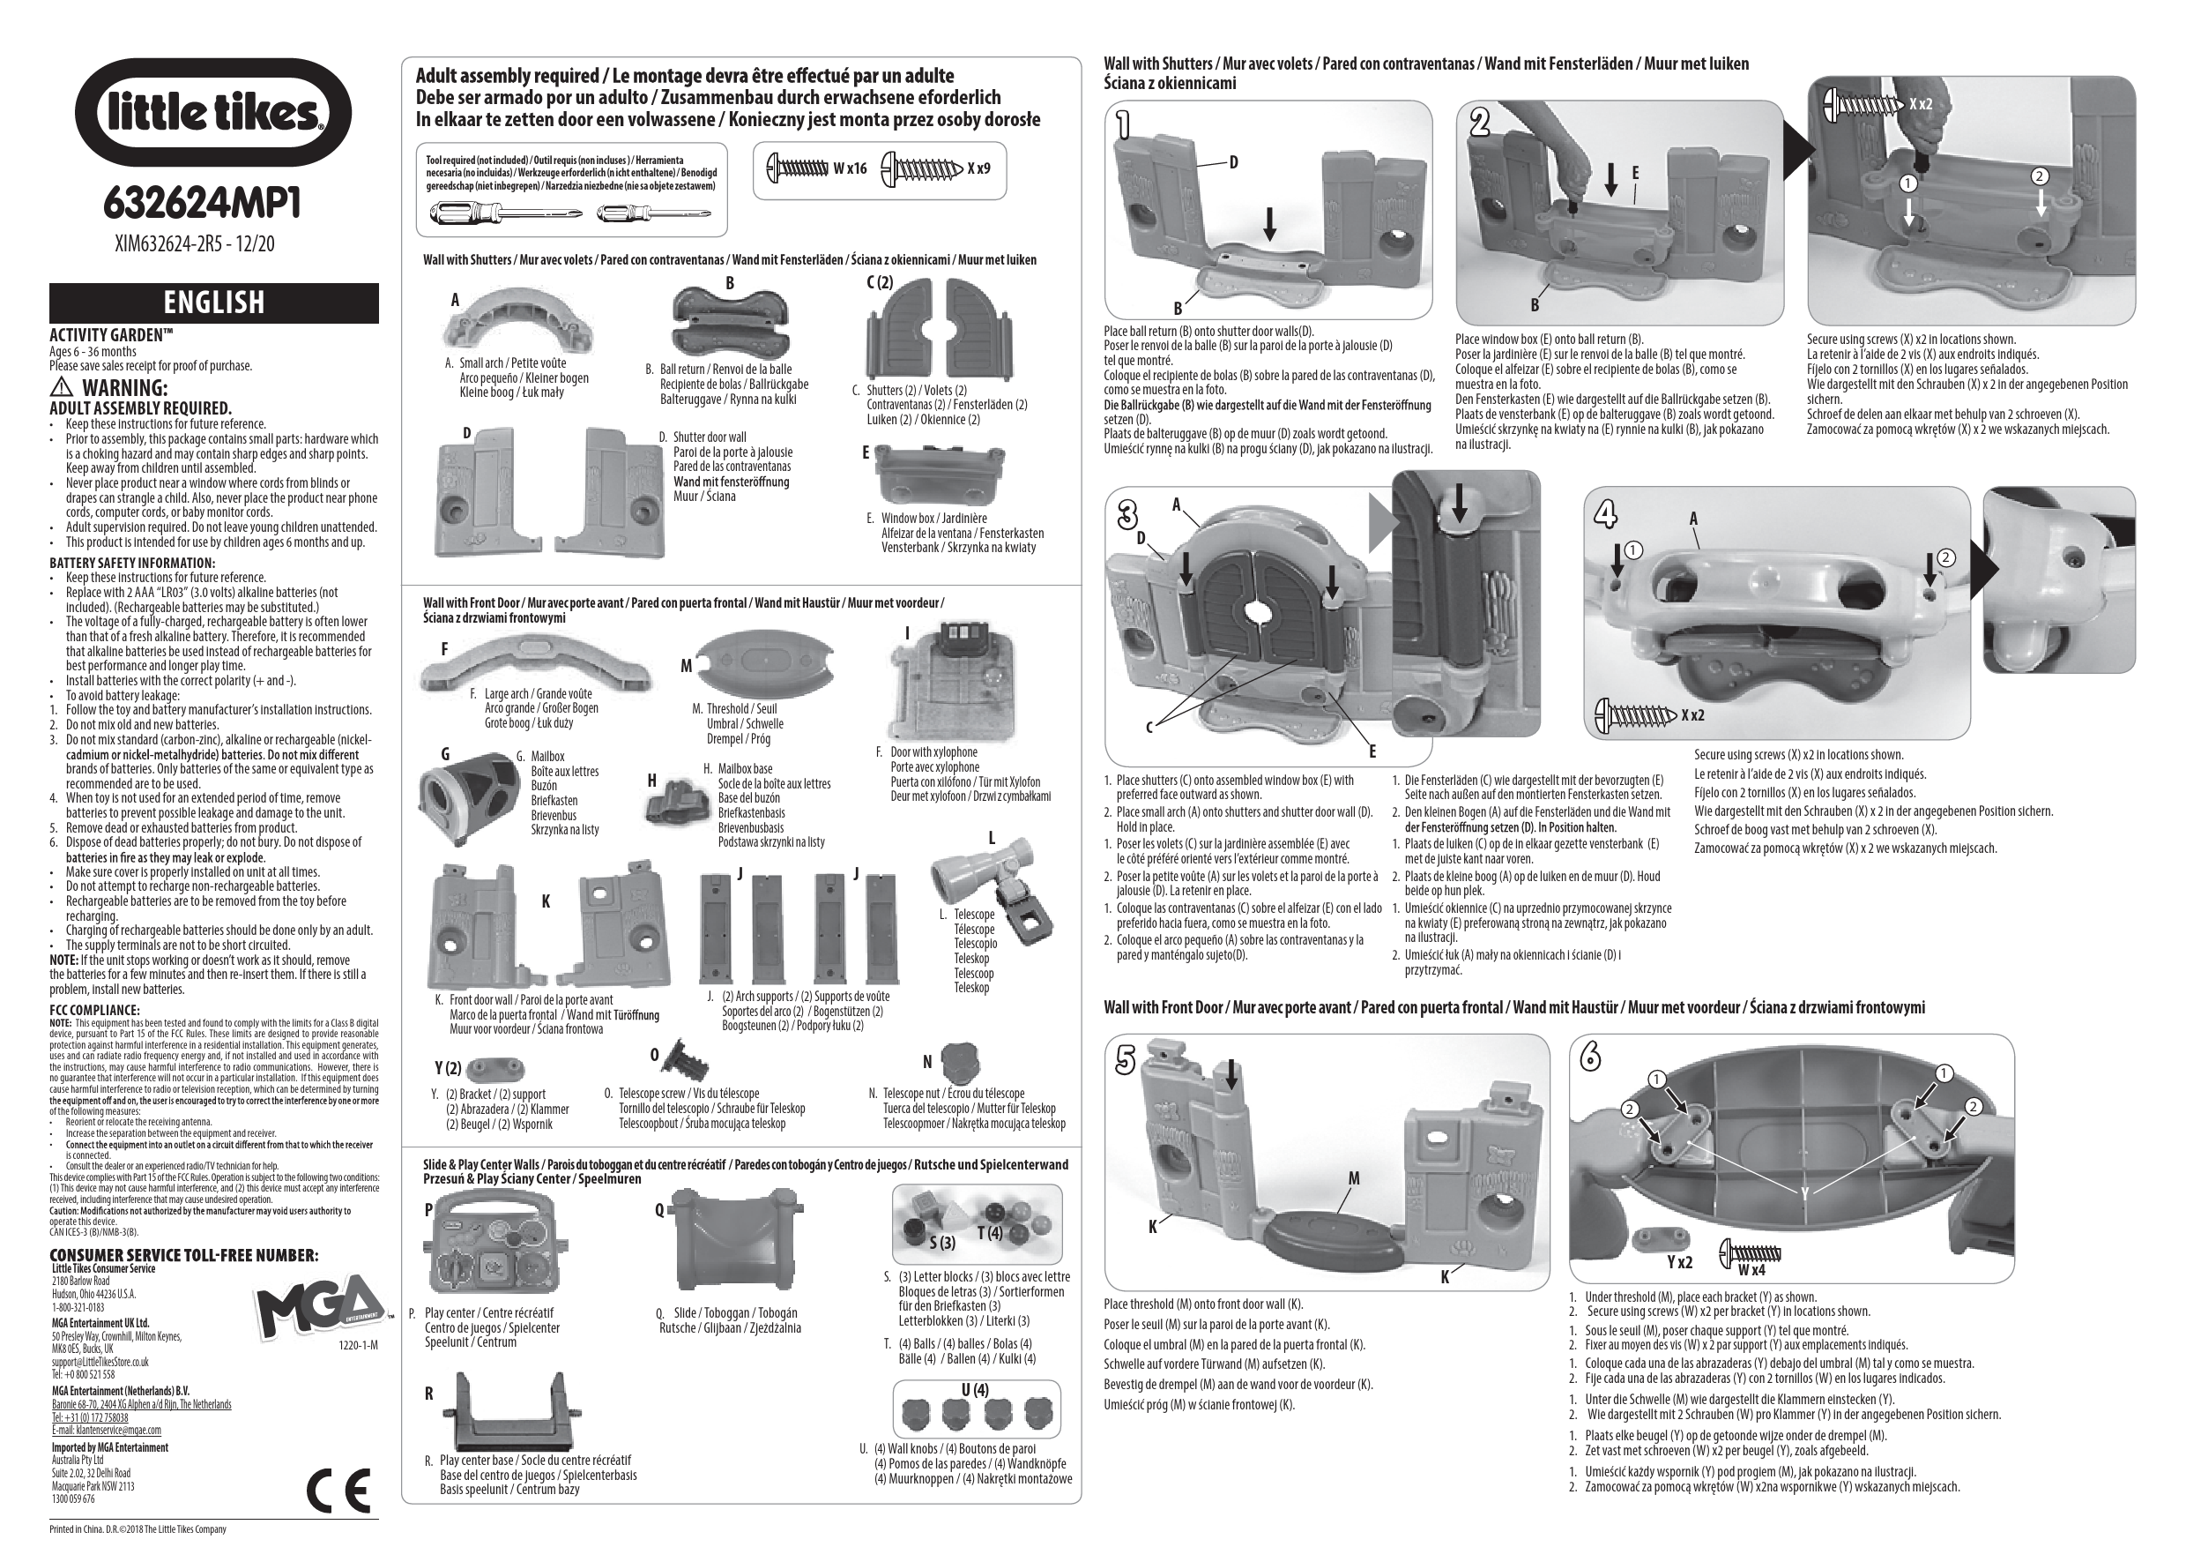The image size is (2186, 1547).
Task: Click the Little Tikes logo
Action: pos(212,112)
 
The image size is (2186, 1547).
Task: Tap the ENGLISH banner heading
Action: pos(214,302)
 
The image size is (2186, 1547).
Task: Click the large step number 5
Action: pos(1126,1059)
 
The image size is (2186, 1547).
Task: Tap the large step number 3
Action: pos(1128,515)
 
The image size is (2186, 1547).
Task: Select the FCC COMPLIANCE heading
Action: pos(94,1010)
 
